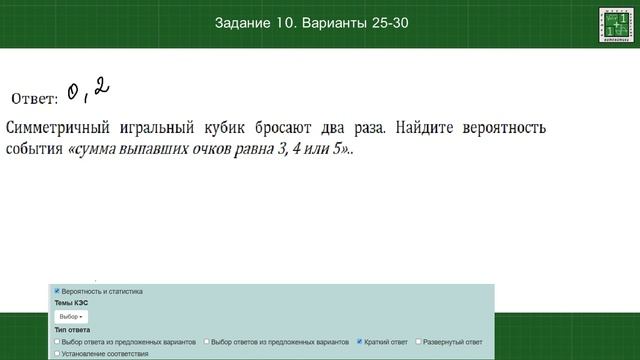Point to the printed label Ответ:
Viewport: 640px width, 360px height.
point(34,98)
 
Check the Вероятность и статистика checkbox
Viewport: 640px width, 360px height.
point(57,291)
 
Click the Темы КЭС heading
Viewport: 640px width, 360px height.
point(72,302)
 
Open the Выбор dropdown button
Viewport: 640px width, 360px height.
point(70,316)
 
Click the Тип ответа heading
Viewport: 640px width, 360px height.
point(72,330)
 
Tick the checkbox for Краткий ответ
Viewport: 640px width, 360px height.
point(360,342)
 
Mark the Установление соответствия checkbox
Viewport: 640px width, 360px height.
point(57,353)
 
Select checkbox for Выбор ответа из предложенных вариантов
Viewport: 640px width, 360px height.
point(57,342)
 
